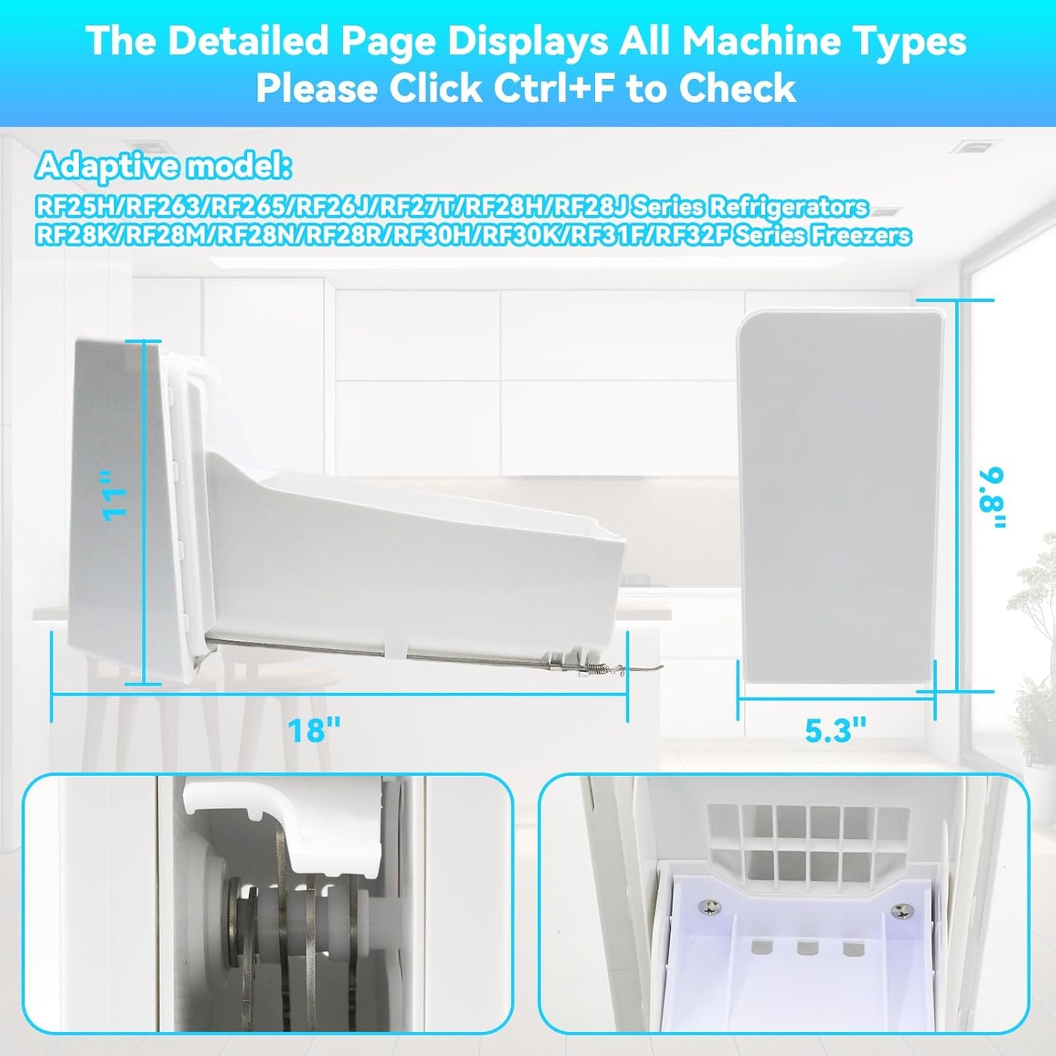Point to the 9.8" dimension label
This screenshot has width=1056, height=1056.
pyautogui.click(x=992, y=498)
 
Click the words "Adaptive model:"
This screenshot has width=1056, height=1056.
pyautogui.click(x=163, y=167)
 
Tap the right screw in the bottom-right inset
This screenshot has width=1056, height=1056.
pyautogui.click(x=900, y=911)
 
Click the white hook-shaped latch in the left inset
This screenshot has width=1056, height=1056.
pyautogui.click(x=277, y=822)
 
